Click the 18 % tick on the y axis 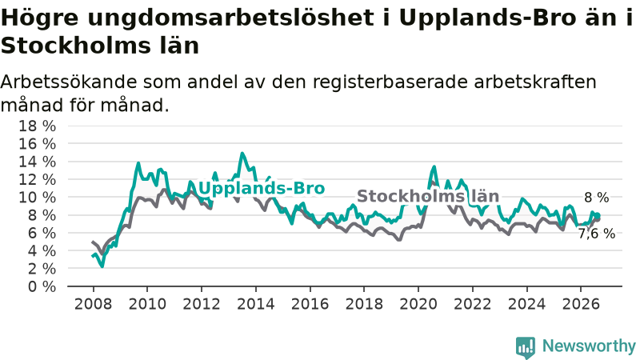click(x=37, y=126)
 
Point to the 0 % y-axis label click(x=42, y=286)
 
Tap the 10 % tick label click(x=37, y=198)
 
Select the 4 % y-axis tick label click(x=42, y=251)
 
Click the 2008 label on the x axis click(x=93, y=304)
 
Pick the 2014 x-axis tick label click(x=255, y=304)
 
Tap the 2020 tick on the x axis click(x=418, y=304)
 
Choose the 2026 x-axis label click(x=581, y=304)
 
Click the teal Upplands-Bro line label click(x=262, y=188)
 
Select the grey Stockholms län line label click(x=428, y=196)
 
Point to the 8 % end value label click(x=596, y=198)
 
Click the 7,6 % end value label click(x=596, y=234)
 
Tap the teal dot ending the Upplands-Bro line click(x=598, y=216)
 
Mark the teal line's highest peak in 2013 click(x=242, y=154)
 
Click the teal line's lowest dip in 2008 click(x=102, y=266)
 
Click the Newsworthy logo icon click(x=526, y=347)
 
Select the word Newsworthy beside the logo click(x=589, y=346)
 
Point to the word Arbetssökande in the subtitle click(x=69, y=82)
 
